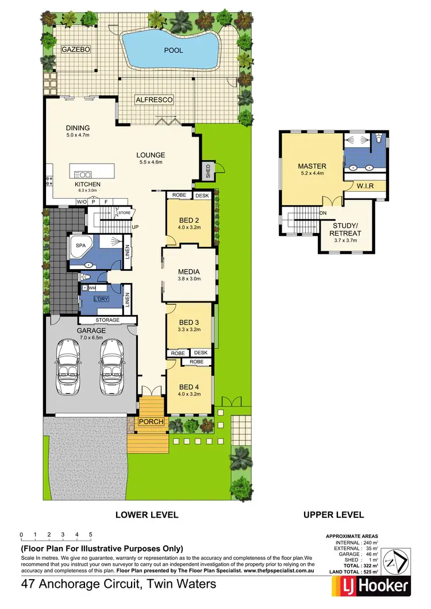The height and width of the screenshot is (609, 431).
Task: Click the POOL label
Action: tap(174, 51)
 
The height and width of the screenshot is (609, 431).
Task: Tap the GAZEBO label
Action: tap(76, 50)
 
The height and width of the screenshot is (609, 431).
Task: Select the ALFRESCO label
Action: tap(154, 100)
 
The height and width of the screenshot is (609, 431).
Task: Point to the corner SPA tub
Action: tap(80, 248)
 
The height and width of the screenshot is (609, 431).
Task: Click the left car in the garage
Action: tap(68, 368)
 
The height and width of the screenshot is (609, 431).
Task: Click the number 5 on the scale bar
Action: tap(91, 534)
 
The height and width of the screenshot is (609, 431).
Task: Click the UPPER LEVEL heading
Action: tap(333, 515)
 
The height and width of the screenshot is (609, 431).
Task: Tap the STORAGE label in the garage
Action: tap(107, 320)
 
